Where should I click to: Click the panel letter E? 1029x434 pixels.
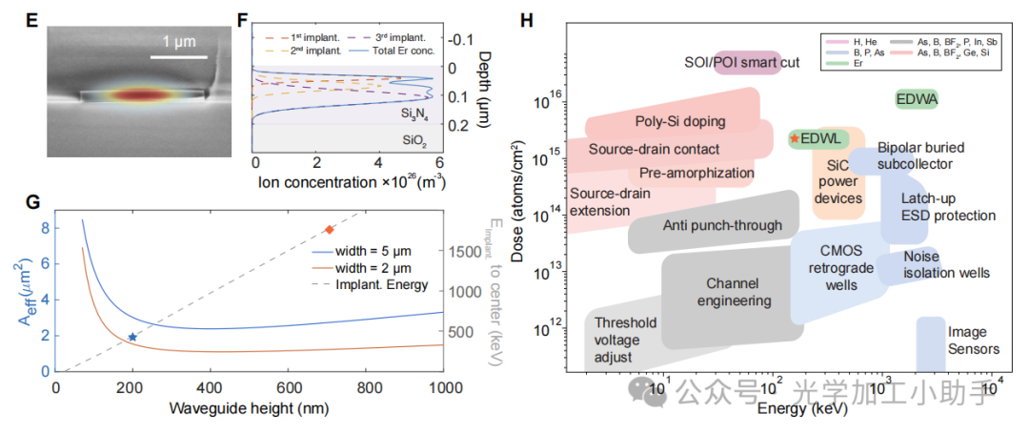click(x=31, y=17)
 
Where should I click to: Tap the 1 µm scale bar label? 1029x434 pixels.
click(x=179, y=43)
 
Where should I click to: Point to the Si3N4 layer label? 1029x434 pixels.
click(x=415, y=114)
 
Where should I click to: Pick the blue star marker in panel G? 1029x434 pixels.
click(x=132, y=337)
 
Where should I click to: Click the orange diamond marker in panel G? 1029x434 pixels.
click(x=330, y=229)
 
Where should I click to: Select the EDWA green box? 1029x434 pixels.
click(x=918, y=98)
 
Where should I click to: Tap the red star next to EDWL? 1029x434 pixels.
click(x=794, y=138)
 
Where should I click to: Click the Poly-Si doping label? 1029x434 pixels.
click(x=679, y=121)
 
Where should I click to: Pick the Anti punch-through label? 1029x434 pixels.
click(x=721, y=225)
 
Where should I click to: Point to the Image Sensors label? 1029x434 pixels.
click(x=973, y=341)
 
